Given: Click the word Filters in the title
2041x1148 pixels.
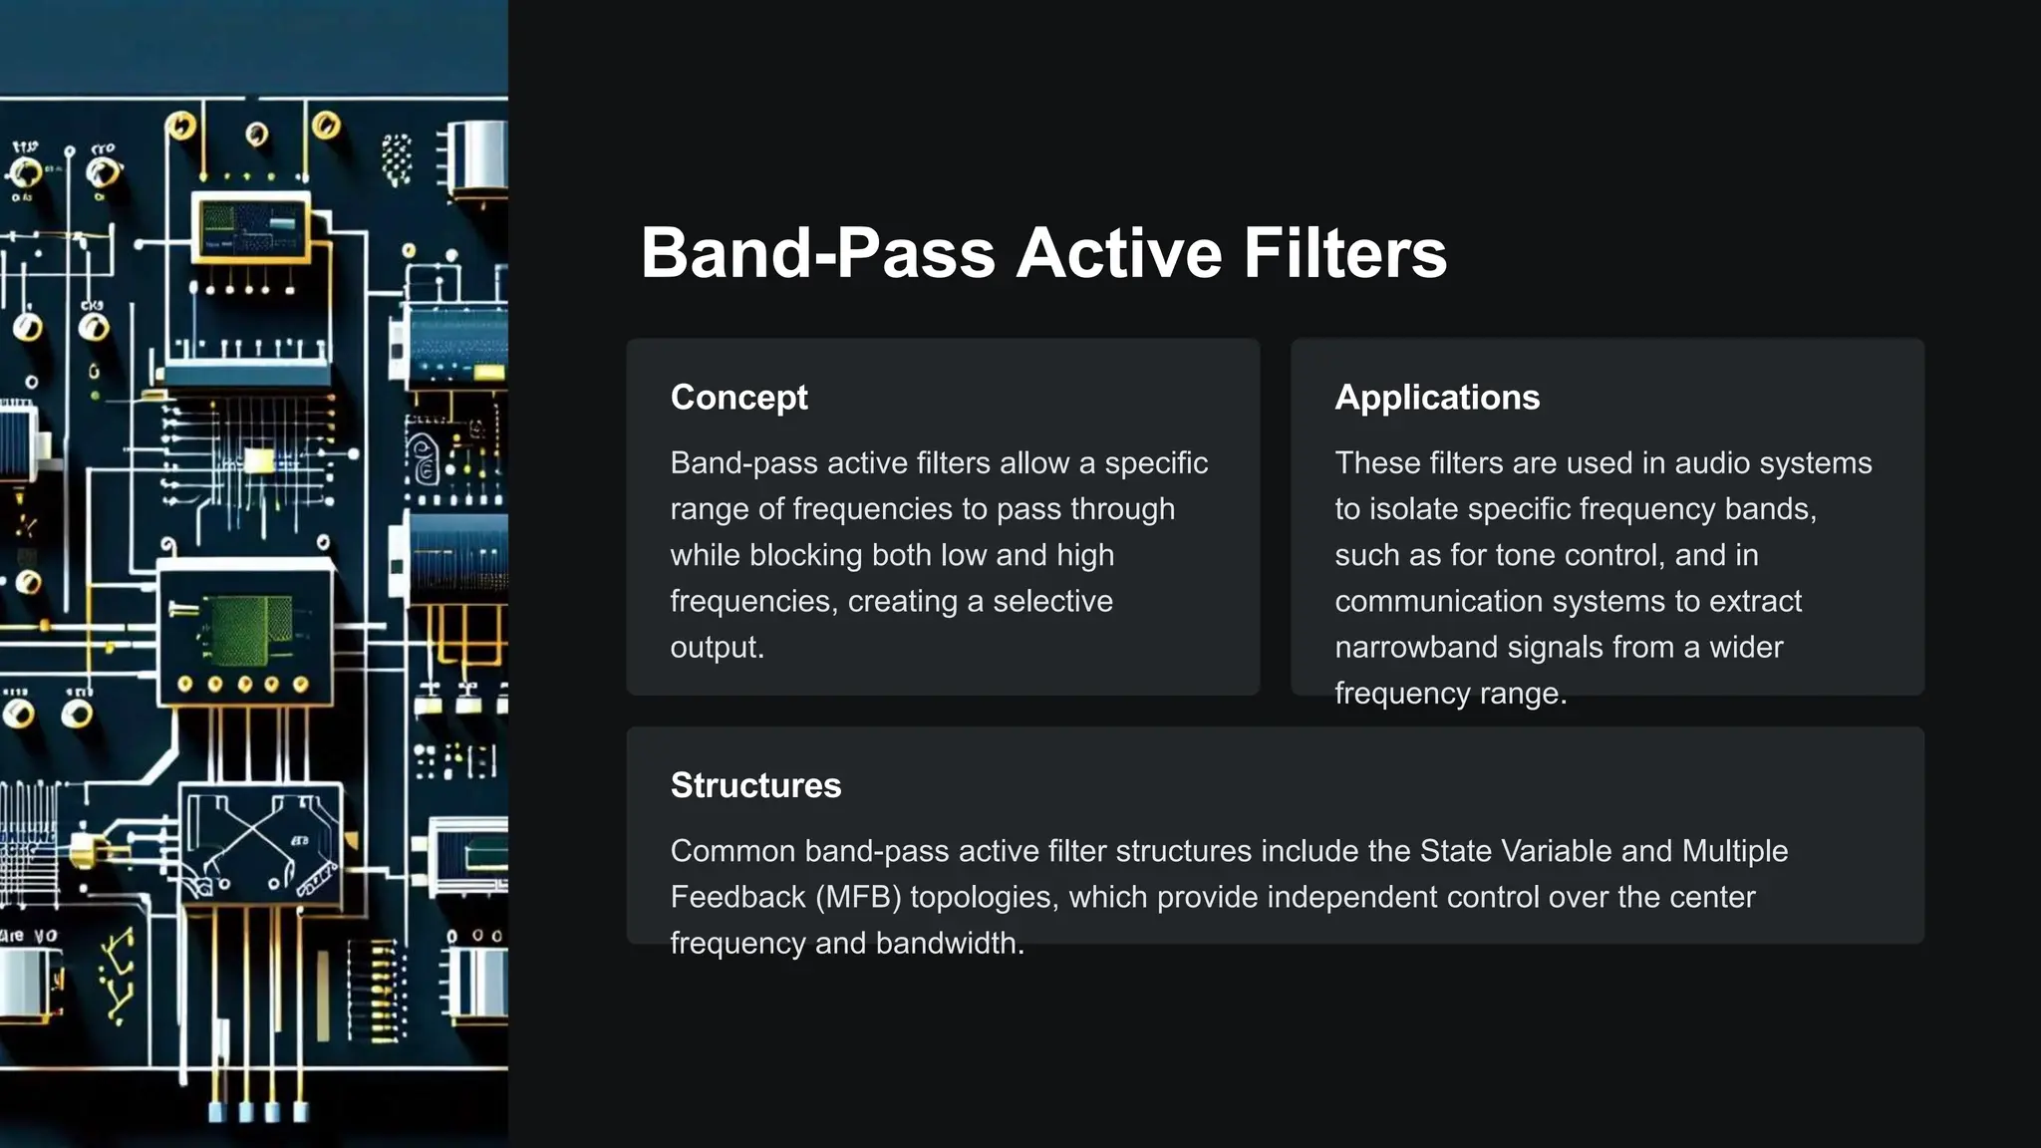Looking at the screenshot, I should pyautogui.click(x=1344, y=253).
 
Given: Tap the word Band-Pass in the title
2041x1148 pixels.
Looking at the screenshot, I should pyautogui.click(x=817, y=253).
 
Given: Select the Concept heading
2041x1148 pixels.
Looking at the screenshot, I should pyautogui.click(x=738, y=397).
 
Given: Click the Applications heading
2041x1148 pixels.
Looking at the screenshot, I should pyautogui.click(x=1436, y=397).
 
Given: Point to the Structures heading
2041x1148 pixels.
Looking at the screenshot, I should pyautogui.click(x=755, y=785).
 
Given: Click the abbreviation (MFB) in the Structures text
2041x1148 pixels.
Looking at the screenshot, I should pyautogui.click(x=858, y=897).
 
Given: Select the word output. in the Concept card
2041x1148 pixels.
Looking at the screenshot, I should pyautogui.click(x=717, y=648).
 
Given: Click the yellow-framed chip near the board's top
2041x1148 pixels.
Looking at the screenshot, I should pyautogui.click(x=249, y=227).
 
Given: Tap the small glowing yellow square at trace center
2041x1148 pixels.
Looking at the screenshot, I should pyautogui.click(x=259, y=459).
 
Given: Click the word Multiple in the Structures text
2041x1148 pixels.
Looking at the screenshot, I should pyautogui.click(x=1734, y=851).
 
